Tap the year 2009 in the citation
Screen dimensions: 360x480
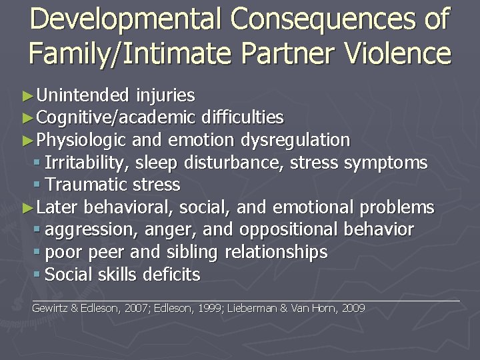pyautogui.click(x=353, y=309)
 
